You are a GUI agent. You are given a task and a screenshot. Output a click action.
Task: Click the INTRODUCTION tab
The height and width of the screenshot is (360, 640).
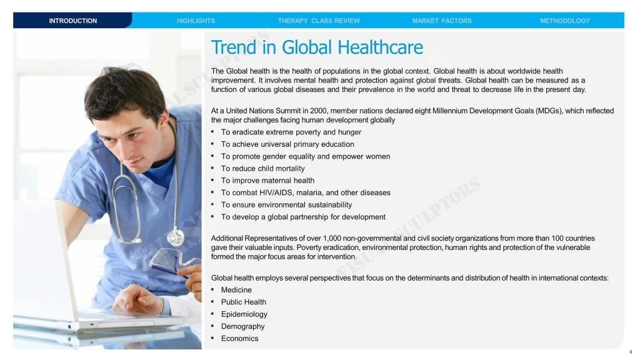coord(72,21)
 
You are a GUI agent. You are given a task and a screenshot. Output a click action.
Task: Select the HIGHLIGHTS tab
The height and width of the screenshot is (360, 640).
coord(196,21)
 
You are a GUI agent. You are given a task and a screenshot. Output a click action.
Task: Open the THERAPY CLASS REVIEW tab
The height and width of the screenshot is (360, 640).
coord(319,21)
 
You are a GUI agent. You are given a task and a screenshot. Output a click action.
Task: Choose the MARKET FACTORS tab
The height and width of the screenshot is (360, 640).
coord(442,21)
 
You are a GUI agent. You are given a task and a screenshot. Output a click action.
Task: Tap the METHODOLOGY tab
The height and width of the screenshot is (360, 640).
coord(564,21)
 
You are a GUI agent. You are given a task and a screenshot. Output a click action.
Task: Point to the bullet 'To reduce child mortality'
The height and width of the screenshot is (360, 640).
coord(263,169)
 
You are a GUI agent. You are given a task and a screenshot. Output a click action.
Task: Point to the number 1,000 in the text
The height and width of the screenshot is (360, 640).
coord(332,238)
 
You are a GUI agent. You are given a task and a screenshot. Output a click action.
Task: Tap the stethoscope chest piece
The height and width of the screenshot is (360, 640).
coord(176,237)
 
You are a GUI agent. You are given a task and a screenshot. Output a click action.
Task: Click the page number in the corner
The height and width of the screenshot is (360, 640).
coord(631,352)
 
